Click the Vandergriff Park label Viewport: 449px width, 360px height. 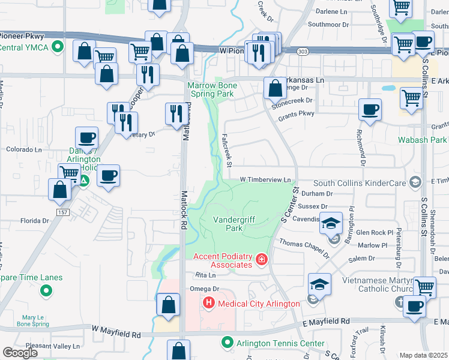pyautogui.click(x=228, y=223)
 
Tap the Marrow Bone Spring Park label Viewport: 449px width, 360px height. pyautogui.click(x=212, y=89)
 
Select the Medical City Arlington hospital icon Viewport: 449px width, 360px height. pyautogui.click(x=209, y=304)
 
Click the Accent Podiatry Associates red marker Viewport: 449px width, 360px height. pyautogui.click(x=261, y=260)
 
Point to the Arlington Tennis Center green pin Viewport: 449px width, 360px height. pyautogui.click(x=227, y=343)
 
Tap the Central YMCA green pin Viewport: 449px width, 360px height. pyautogui.click(x=58, y=47)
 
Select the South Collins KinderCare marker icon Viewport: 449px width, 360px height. pyautogui.click(x=415, y=182)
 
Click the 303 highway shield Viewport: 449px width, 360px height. pyautogui.click(x=306, y=52)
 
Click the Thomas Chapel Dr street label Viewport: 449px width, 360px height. pyautogui.click(x=305, y=247)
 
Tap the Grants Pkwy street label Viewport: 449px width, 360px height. pyautogui.click(x=297, y=113)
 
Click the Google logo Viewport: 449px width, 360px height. pyautogui.click(x=20, y=353)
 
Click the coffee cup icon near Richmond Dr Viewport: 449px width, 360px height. pyautogui.click(x=370, y=110)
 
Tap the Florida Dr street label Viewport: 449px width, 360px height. pyautogui.click(x=35, y=221)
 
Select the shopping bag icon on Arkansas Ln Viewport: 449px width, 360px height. pyautogui.click(x=275, y=88)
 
